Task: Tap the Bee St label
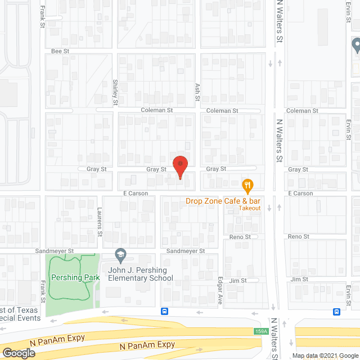point(59,51)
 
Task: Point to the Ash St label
point(197,92)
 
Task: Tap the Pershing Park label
point(75,277)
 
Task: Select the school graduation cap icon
point(120,255)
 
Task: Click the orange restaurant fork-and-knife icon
point(246,184)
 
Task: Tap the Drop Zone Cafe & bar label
point(224,201)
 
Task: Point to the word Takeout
point(250,208)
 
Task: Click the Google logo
point(18,353)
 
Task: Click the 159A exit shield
point(260,331)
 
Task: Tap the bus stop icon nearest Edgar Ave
point(164,311)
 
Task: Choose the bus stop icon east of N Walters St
point(336,312)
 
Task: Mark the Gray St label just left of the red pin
point(156,169)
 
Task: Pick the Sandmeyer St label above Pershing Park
point(71,250)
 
